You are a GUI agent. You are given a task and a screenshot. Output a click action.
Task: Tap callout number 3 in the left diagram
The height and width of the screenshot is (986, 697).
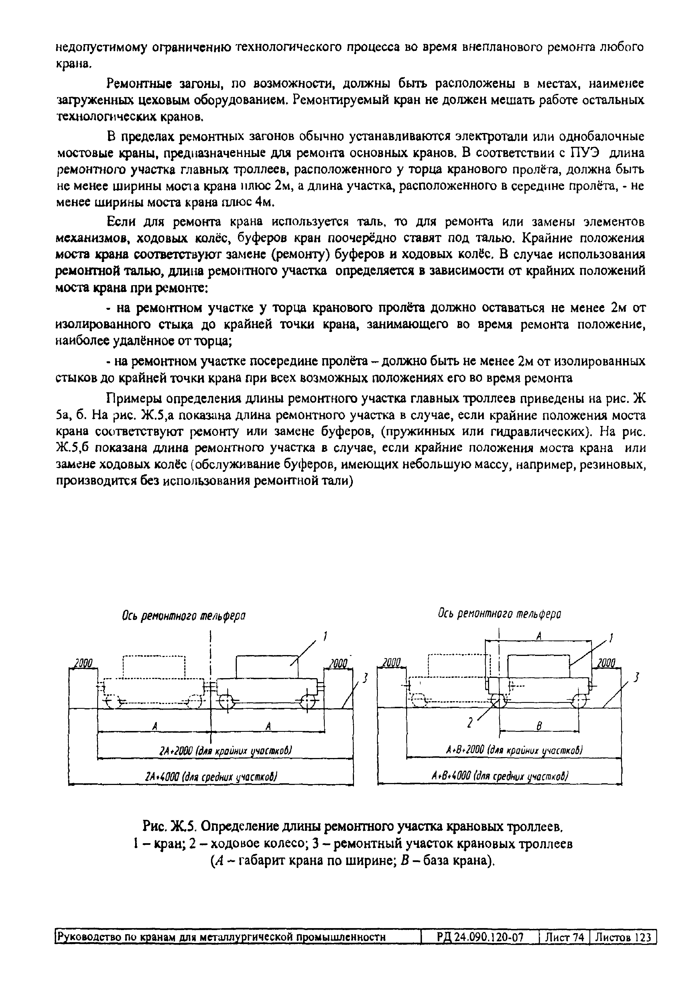[365, 678]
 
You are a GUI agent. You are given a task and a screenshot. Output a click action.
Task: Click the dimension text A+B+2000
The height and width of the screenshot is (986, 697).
[514, 750]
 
